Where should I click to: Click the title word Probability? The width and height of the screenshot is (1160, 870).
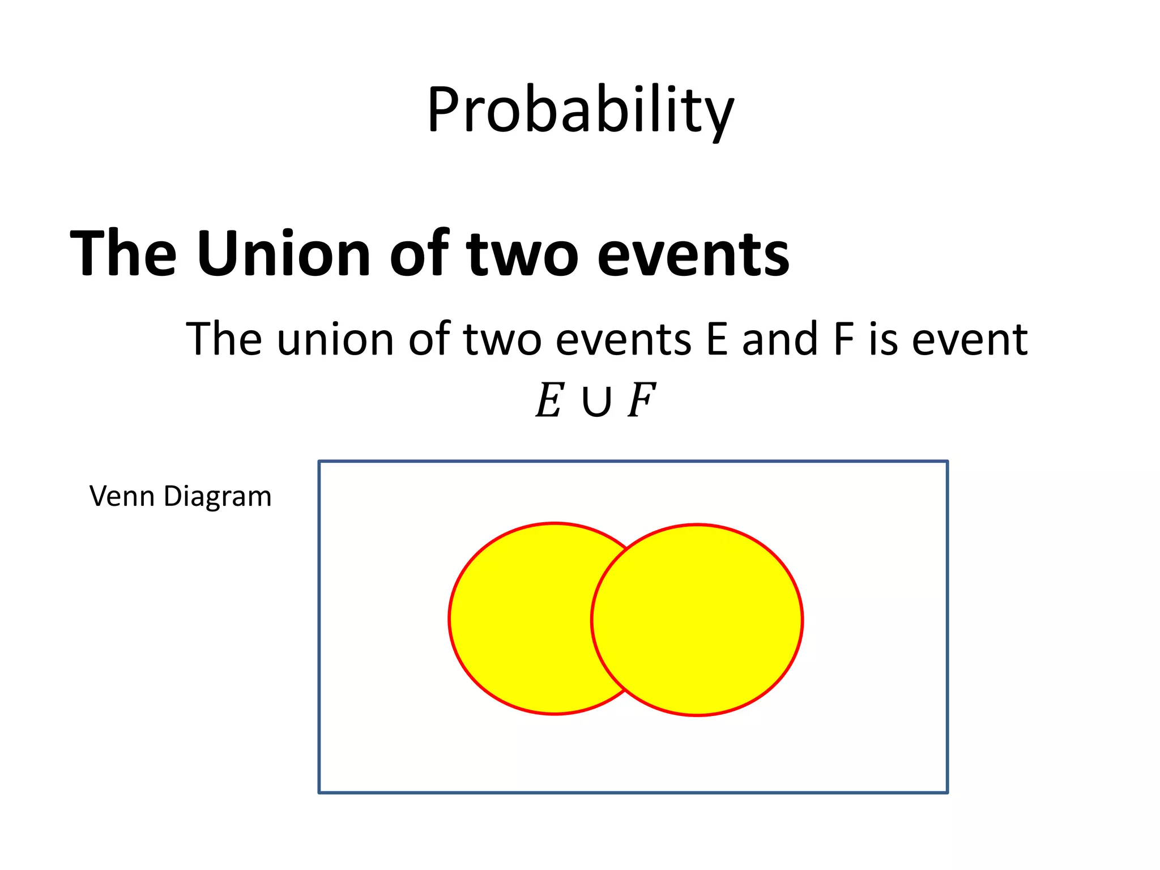pos(580,110)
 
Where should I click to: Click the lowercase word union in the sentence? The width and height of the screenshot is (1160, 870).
pos(335,339)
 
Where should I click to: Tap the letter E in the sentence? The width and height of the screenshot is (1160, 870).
pos(717,339)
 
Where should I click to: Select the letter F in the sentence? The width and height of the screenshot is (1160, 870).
pos(843,339)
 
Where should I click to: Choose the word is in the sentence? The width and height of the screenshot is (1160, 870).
pos(882,339)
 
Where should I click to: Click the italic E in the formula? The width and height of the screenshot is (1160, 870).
pos(549,400)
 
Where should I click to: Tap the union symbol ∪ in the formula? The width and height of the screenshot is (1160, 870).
pos(596,402)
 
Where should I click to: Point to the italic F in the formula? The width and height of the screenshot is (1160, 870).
pos(641,400)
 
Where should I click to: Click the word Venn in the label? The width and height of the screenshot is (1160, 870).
pos(122,496)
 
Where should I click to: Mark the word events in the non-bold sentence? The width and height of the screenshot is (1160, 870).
pos(623,339)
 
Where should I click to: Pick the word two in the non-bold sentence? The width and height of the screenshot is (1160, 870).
pos(502,340)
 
